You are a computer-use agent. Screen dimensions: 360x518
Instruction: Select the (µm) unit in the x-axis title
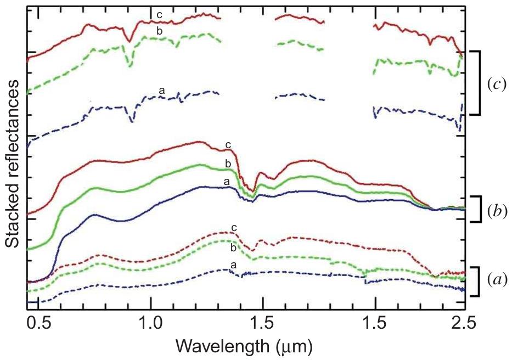296,346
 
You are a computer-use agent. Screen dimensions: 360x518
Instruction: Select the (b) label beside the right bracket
496,209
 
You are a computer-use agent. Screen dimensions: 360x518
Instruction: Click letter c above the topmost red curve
159,15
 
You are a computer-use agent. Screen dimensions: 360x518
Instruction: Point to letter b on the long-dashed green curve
159,31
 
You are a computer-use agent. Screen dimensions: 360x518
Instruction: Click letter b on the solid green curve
228,164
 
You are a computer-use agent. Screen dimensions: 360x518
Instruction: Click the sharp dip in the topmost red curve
129,40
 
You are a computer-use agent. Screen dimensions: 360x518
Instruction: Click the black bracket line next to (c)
480,83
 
